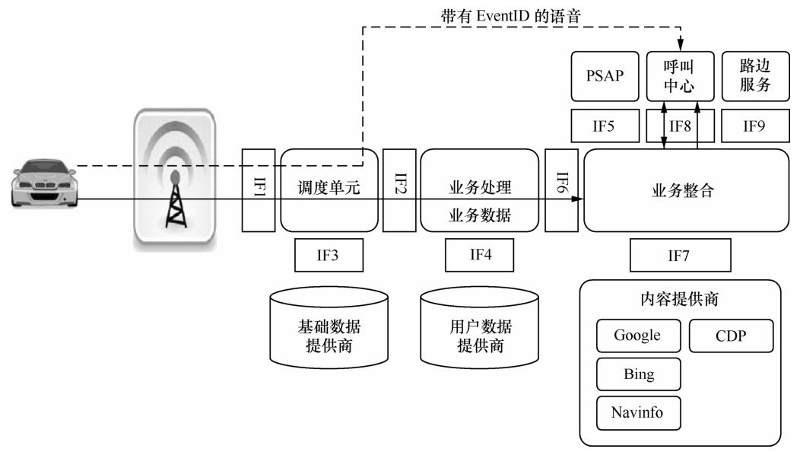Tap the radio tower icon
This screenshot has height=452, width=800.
pos(175,180)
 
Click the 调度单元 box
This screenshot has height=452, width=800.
pos(329,190)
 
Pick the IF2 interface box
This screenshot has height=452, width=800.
pos(400,190)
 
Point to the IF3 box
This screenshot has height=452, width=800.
pos(329,255)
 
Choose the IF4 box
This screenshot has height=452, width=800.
pos(480,255)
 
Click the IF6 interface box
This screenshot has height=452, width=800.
pos(562,190)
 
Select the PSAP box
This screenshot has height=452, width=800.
pos(605,76)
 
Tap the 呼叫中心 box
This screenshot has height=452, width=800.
pos(681,76)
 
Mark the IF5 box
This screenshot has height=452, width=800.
pos(605,126)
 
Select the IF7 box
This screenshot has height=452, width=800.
pos(681,255)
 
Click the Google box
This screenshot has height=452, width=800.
pos(638,336)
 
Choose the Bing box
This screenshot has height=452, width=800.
pos(638,374)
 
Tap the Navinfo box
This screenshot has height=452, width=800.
pos(638,413)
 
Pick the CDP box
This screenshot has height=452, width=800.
pos(731,336)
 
